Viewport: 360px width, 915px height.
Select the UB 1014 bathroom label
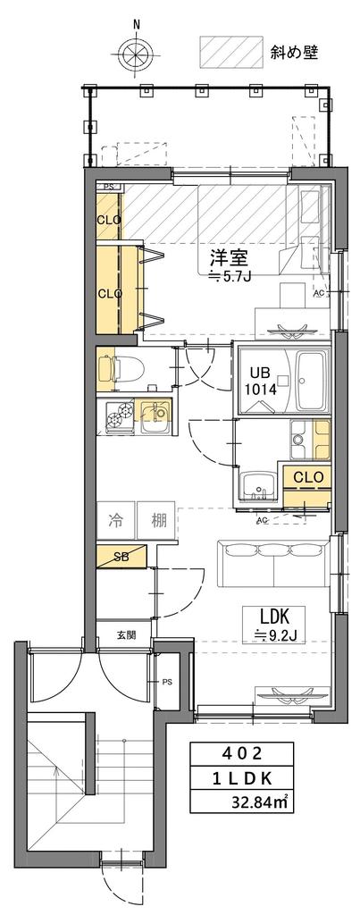[264, 382]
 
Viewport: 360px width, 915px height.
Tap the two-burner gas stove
[121, 416]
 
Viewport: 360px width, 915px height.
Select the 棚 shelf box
[156, 520]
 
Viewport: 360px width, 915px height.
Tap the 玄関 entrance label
[125, 635]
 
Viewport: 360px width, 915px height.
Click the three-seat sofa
[272, 563]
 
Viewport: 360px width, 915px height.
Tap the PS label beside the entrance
[167, 681]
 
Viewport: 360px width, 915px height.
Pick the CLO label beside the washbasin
[308, 477]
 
